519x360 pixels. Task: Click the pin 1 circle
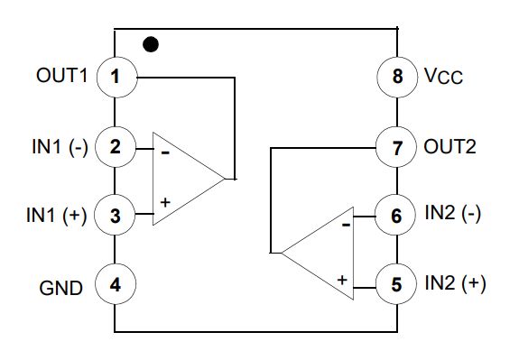point(115,77)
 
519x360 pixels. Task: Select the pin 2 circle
point(115,146)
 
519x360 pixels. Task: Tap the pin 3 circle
point(115,216)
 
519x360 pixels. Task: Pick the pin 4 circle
point(115,287)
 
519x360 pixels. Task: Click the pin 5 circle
point(396,283)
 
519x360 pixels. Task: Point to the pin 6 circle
point(396,215)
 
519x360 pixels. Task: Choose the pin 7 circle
point(396,146)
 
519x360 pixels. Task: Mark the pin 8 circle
point(396,77)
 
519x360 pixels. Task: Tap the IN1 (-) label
point(57,146)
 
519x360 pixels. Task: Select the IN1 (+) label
point(57,216)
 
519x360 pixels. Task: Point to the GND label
point(61,288)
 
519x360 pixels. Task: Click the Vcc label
point(443,78)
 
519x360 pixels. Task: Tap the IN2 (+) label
point(455,283)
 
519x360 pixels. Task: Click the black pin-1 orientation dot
point(152,43)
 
